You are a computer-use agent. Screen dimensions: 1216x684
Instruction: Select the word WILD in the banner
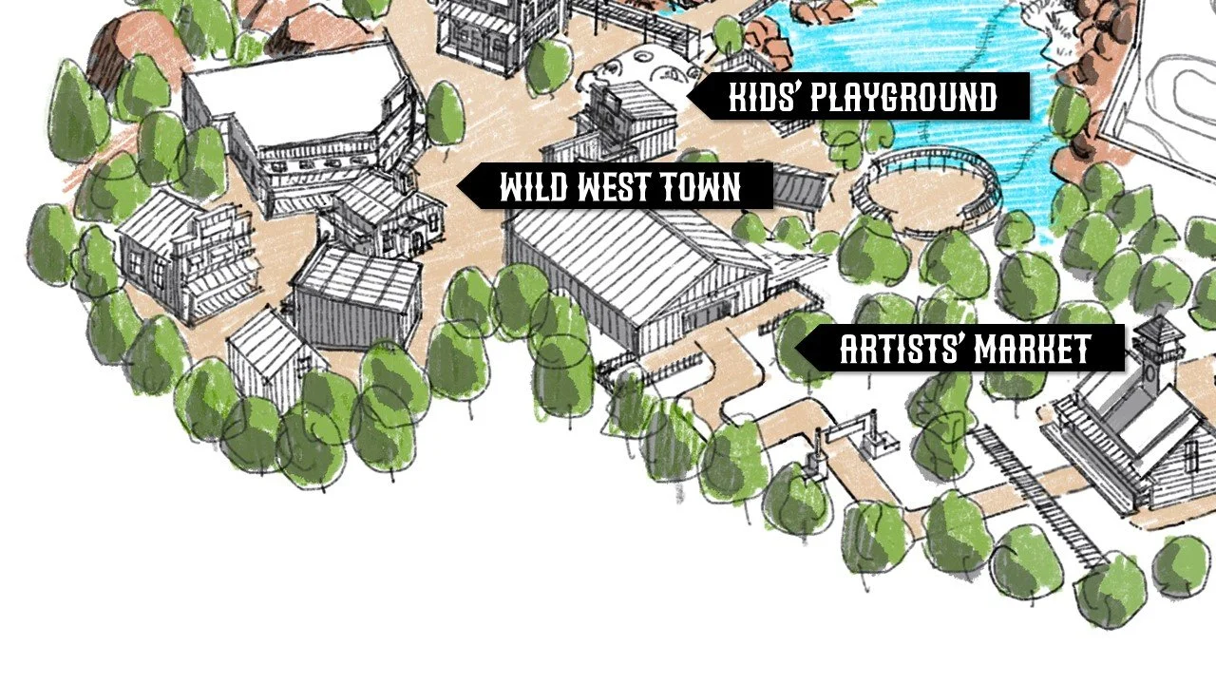[x=532, y=187]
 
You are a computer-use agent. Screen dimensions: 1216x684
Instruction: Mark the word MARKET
[x=1036, y=350]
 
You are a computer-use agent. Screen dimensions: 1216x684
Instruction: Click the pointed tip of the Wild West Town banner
[x=460, y=186]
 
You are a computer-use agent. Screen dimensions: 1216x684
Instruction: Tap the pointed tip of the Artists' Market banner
[x=796, y=350]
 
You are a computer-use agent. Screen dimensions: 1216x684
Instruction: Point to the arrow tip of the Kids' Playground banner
[x=690, y=97]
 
